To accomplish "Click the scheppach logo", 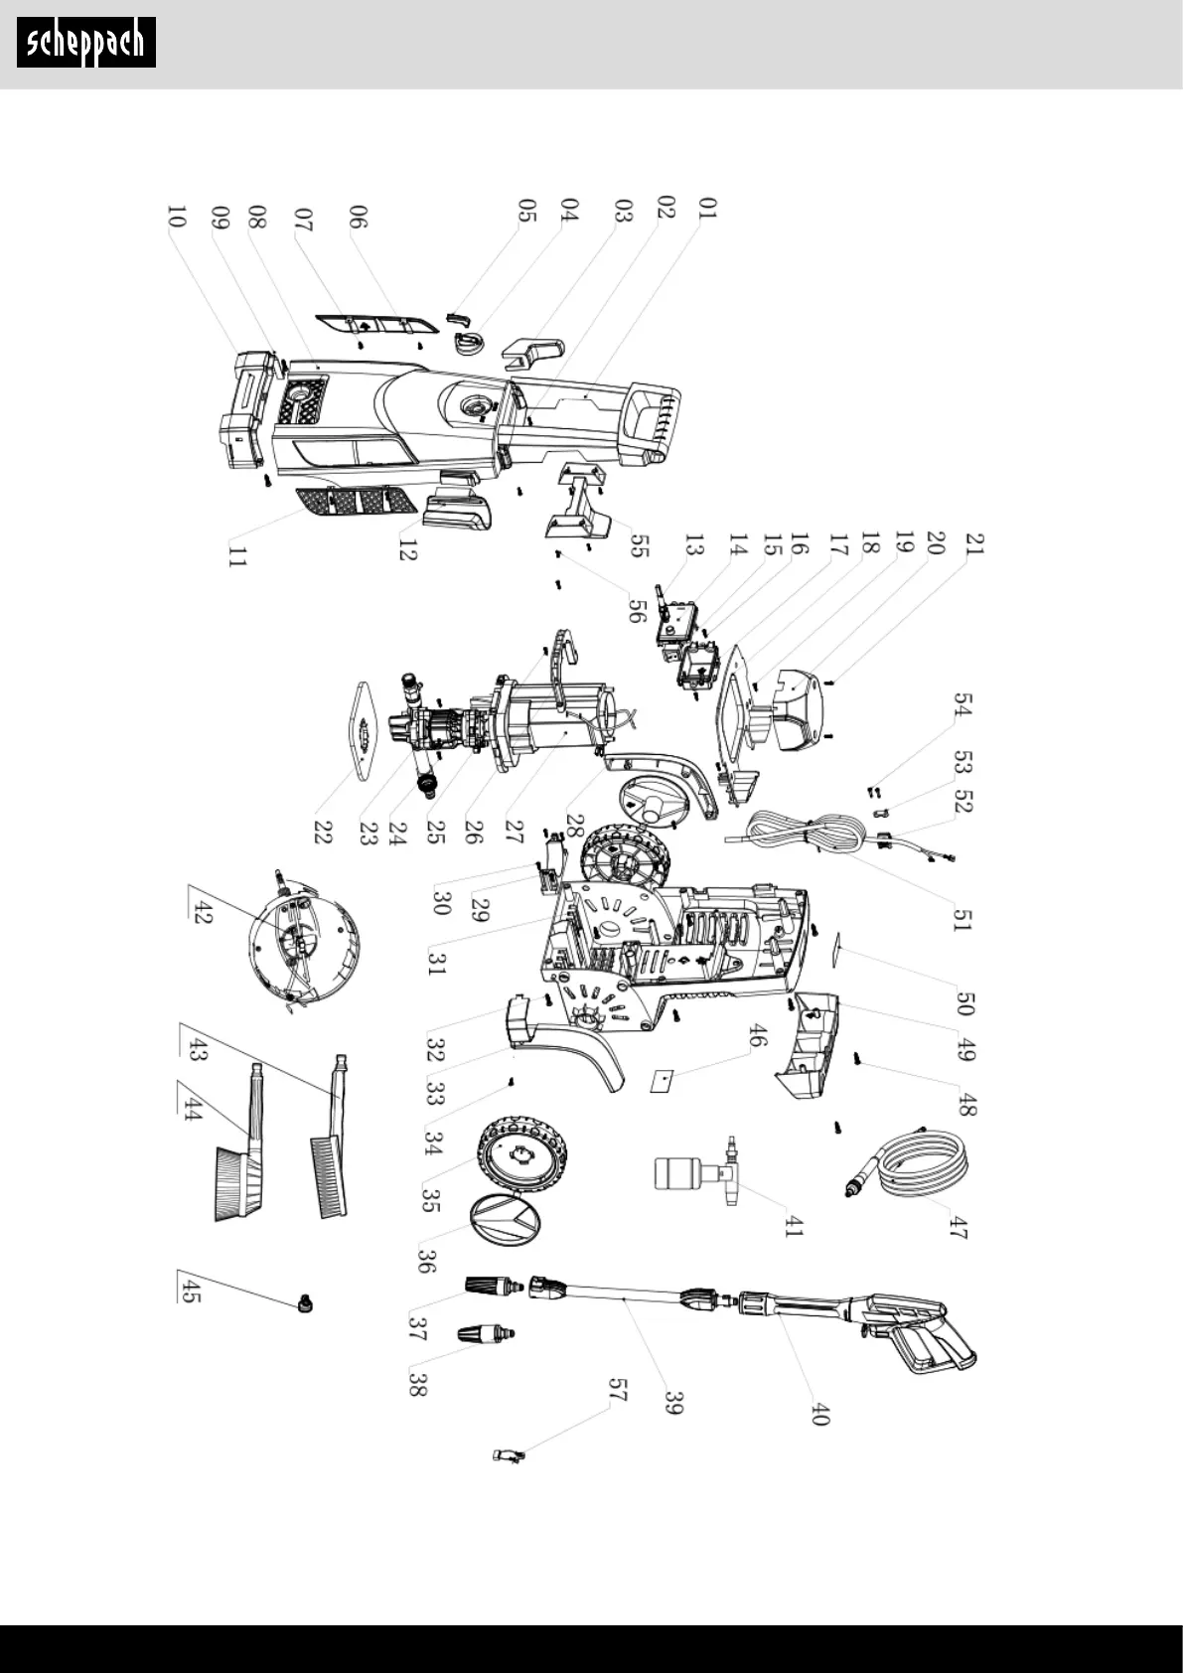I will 86,43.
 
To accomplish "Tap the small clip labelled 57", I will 509,1455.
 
